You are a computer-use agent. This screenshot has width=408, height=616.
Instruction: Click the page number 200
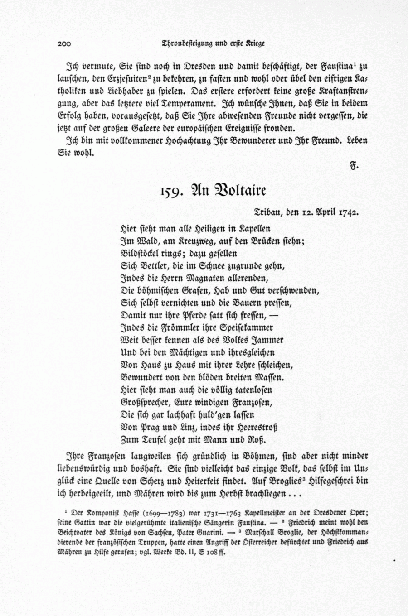[65, 44]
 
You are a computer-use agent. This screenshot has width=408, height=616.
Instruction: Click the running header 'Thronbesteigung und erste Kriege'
[213, 43]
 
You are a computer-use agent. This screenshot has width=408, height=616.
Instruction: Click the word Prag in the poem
[148, 427]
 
